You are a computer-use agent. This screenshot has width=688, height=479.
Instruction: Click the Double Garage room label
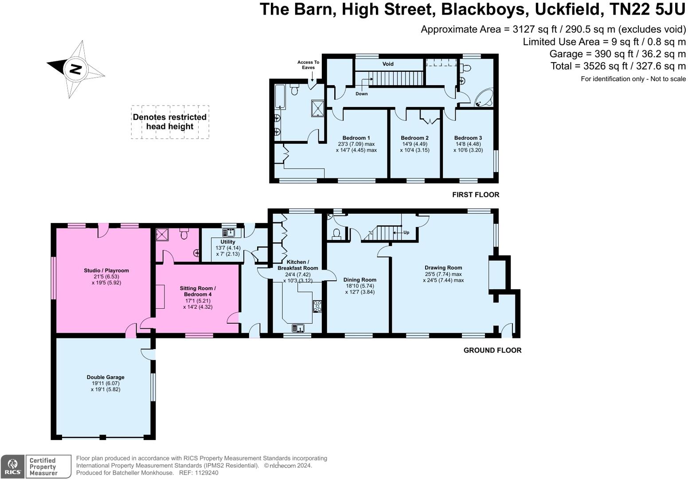pos(106,377)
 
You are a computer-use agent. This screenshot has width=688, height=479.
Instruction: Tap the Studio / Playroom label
pos(106,271)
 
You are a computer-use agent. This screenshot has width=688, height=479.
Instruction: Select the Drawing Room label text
pos(443,268)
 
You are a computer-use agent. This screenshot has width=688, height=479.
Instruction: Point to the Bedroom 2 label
pos(414,138)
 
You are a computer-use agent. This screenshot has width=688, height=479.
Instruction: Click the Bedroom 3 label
pos(468,138)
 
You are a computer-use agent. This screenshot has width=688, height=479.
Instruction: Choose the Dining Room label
pos(360,280)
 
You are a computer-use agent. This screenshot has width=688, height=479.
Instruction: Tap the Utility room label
pos(228,242)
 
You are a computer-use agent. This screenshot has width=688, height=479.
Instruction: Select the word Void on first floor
pos(388,64)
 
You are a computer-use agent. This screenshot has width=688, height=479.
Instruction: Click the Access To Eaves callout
pos(308,65)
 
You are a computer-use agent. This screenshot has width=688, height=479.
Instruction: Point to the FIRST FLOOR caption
pos(476,195)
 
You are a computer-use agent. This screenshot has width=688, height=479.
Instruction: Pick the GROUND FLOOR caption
pos(492,350)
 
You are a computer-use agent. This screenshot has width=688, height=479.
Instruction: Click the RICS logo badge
pos(13,467)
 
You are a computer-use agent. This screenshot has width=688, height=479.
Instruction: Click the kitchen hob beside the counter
pos(317,306)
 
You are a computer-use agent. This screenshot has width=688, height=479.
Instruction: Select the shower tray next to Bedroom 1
pos(318,108)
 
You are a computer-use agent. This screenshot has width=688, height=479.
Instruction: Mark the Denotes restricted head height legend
pos(170,122)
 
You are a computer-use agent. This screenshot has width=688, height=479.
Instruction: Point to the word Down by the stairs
pos(361,94)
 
